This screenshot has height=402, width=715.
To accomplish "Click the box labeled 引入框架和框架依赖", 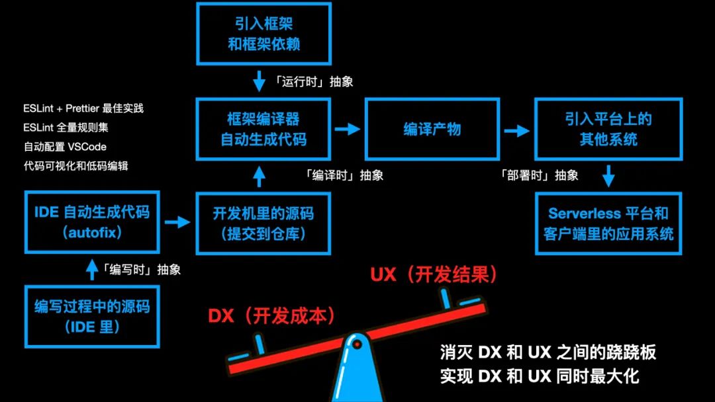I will [263, 34].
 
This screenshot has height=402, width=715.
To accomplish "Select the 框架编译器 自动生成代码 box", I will [263, 129].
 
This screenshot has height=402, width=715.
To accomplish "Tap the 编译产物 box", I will [432, 129].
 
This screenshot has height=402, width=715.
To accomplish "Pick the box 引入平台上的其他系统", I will [608, 129].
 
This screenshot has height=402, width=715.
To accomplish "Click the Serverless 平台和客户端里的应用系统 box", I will [608, 223].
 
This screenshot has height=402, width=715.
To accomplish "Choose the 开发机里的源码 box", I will [263, 223].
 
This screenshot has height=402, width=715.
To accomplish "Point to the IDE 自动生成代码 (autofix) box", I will [92, 222].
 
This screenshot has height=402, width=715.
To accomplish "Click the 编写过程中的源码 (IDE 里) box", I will [92, 316].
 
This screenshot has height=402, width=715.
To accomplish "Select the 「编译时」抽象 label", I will [344, 175].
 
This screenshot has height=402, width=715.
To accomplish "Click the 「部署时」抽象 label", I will [539, 175].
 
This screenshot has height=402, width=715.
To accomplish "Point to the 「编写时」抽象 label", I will [141, 269].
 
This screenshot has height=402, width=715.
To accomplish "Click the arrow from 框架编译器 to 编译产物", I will [346, 129].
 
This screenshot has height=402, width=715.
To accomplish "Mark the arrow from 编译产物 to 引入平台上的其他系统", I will [516, 130].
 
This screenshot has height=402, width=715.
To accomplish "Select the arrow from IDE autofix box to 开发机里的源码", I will [177, 222].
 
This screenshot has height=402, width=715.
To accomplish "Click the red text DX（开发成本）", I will [271, 315].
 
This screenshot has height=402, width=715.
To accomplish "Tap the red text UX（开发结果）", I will [434, 274].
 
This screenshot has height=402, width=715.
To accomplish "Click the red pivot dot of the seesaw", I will [357, 344].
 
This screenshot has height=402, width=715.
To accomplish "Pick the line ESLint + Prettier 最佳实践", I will [83, 108].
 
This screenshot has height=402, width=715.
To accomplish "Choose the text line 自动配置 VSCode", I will [65, 146].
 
